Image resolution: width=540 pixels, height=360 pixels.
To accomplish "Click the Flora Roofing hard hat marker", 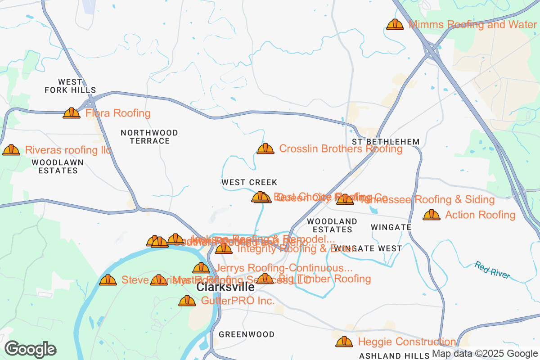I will pyautogui.click(x=72, y=113).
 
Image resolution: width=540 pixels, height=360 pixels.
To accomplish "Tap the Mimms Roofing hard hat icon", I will pyautogui.click(x=395, y=24).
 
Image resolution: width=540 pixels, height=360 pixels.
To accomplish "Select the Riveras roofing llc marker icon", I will pyautogui.click(x=11, y=150).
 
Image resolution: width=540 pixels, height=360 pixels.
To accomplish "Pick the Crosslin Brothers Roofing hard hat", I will pyautogui.click(x=265, y=148).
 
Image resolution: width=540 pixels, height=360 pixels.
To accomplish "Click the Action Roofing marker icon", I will pyautogui.click(x=432, y=215).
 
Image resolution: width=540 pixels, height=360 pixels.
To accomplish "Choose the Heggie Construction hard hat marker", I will pyautogui.click(x=344, y=342).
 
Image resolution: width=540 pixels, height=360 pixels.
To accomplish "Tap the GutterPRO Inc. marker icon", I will pyautogui.click(x=187, y=301).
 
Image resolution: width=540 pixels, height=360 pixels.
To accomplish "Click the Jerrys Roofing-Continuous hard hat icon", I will pyautogui.click(x=201, y=268).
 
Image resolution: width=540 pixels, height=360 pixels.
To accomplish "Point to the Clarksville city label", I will pyautogui.click(x=225, y=288).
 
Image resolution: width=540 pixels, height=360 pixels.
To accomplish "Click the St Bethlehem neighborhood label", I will pyautogui.click(x=386, y=142).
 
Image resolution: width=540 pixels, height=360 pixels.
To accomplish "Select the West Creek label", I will pyautogui.click(x=249, y=182).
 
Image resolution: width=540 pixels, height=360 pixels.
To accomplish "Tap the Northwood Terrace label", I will pyautogui.click(x=149, y=137).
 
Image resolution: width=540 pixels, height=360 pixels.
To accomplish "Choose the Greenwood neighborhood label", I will pyautogui.click(x=246, y=334).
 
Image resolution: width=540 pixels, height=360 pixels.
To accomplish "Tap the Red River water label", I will pyautogui.click(x=492, y=270).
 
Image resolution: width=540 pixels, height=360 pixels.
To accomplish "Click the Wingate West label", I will pyautogui.click(x=374, y=248).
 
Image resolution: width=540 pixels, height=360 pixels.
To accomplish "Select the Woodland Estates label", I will pyautogui.click(x=332, y=225).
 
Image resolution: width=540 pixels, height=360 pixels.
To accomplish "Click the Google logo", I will pyautogui.click(x=31, y=349).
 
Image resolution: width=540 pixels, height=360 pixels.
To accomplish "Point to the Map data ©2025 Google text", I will pyautogui.click(x=485, y=354).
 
